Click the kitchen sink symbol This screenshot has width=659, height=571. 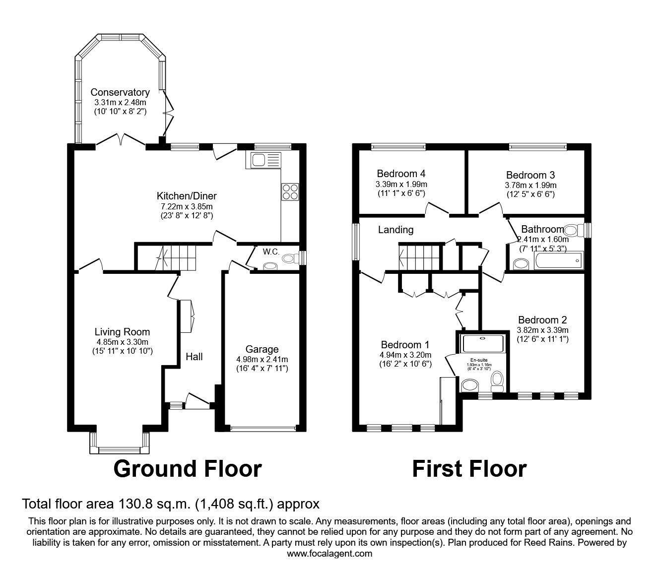[266, 160]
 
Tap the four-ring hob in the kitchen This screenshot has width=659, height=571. [289, 191]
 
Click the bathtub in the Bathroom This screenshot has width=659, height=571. [558, 260]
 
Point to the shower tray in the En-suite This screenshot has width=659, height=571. [482, 343]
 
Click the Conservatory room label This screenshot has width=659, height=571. [120, 92]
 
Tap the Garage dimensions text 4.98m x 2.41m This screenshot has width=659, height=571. [262, 359]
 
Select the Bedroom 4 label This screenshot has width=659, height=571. [401, 174]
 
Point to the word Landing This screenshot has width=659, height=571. [395, 230]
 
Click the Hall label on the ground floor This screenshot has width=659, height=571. [194, 356]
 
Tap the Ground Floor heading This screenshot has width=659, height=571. [188, 469]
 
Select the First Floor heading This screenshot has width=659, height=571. [469, 469]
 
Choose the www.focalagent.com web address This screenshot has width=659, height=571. [329, 553]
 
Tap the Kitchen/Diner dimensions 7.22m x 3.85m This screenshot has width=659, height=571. [187, 206]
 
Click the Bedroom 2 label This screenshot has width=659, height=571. [542, 320]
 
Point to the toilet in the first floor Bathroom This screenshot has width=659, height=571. [572, 230]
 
